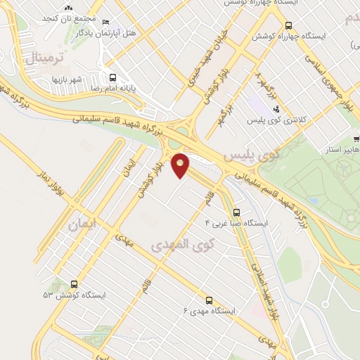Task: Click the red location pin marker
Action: point(181,165)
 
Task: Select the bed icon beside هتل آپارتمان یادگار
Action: point(106,22)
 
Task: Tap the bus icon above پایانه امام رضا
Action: point(112,78)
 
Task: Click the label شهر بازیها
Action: point(69,79)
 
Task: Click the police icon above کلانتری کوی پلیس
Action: point(276,109)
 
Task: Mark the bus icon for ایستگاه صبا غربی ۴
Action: point(236,212)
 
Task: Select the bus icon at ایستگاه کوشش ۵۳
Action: point(75,284)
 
